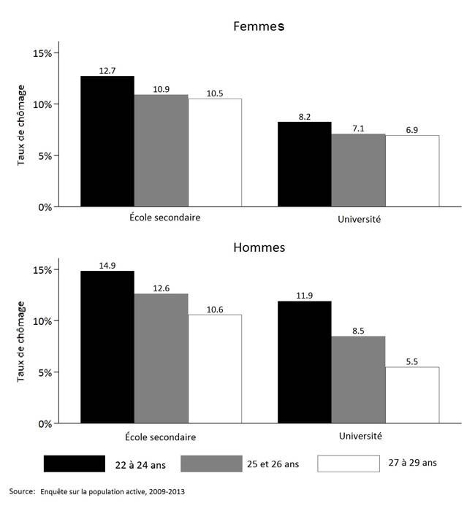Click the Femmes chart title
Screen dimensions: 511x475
tap(258, 27)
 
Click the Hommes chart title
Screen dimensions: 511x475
tap(259, 247)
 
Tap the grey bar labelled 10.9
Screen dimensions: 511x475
tap(161, 150)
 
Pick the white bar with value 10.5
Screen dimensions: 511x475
tap(215, 153)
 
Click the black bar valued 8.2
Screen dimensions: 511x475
tap(305, 164)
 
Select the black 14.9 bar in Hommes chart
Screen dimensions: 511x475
tap(107, 347)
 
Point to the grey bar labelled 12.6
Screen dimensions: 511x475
tap(161, 358)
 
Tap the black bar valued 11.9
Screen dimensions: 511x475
tap(305, 362)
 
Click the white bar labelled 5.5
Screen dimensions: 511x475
tap(412, 395)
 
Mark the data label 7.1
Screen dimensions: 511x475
tap(358, 128)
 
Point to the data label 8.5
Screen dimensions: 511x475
tap(358, 330)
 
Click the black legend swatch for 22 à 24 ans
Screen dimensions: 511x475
tap(74, 464)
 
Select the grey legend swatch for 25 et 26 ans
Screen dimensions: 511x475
tap(211, 464)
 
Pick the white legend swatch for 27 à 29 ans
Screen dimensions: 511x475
tap(349, 464)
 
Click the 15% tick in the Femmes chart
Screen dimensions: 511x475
tap(43, 53)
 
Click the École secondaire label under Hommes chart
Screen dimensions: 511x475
tap(161, 437)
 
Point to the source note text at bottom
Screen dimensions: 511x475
tap(97, 492)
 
